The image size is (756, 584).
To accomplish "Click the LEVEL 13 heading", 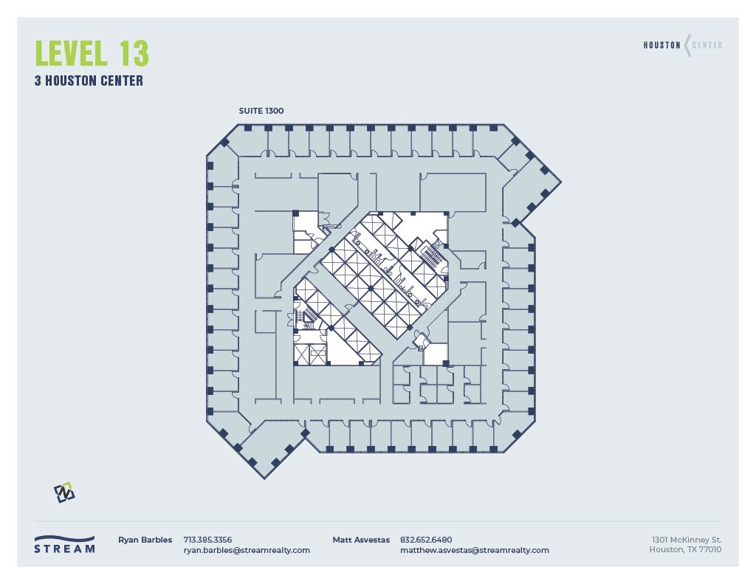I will (x=92, y=54).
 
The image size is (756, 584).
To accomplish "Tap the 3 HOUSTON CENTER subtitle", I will (x=89, y=81).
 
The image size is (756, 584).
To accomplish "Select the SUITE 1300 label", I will (x=261, y=111).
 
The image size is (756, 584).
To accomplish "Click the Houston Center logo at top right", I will (x=683, y=45).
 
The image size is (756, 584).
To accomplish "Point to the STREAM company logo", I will (x=65, y=544).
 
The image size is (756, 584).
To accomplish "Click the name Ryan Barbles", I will (x=145, y=540).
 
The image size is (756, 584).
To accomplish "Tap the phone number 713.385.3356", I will (x=207, y=540).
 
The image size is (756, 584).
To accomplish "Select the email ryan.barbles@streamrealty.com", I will (x=247, y=550).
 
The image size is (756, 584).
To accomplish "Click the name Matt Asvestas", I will (x=361, y=540).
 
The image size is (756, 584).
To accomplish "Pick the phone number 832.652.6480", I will (x=426, y=540).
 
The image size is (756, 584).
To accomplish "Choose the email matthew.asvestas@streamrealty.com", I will (x=474, y=550).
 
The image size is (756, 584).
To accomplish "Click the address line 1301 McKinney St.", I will (x=687, y=540).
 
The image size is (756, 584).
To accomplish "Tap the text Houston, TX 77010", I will (x=685, y=549).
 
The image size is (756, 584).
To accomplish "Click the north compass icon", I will (x=64, y=492).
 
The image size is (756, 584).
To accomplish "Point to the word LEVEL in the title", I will (x=69, y=54).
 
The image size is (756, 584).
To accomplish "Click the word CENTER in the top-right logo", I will (x=707, y=45).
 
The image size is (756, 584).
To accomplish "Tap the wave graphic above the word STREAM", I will (x=65, y=538).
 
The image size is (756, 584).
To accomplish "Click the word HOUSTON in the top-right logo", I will (x=662, y=45).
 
